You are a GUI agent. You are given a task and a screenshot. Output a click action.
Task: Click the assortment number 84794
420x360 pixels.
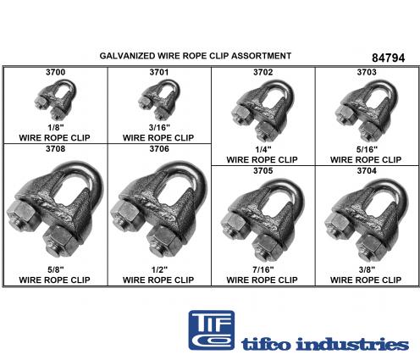388,58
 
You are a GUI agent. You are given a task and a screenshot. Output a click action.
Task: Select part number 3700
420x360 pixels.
55,72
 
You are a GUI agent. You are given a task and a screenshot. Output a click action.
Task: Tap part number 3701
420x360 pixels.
159,72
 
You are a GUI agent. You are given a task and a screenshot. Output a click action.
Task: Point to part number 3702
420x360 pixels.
263,72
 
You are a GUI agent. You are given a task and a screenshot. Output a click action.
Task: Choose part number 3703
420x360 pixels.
367,72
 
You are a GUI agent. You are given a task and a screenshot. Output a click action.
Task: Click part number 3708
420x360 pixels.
55,149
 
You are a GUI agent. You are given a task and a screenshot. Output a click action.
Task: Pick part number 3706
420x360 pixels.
159,149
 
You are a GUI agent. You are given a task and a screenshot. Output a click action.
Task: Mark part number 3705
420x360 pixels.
263,171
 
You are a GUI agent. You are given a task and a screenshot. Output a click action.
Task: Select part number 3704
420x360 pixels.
367,171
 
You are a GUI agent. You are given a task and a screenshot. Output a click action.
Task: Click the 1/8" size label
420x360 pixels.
56,128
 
